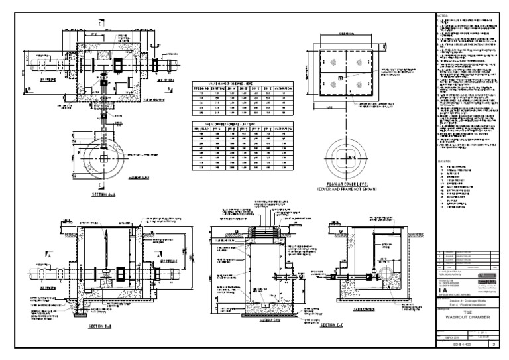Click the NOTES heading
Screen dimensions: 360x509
[443, 15]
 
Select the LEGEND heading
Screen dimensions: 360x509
[445, 160]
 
